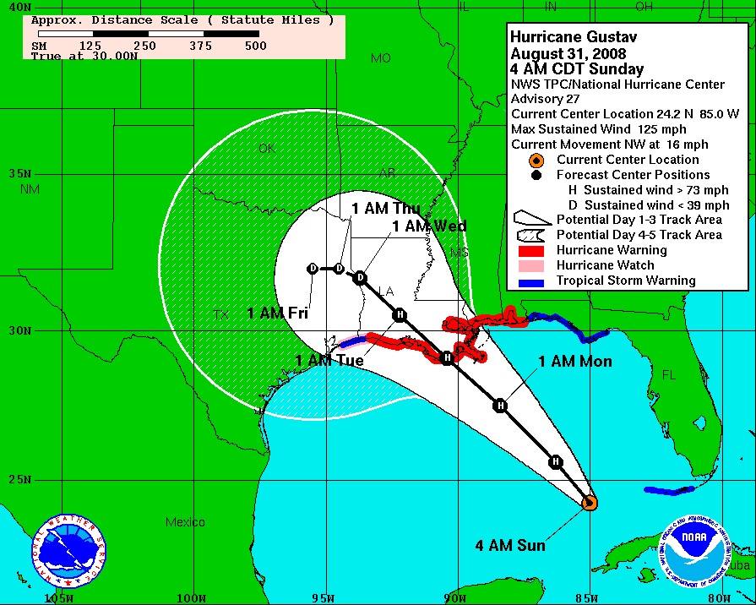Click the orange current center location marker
(x=590, y=503)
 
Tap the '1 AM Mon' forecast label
(x=575, y=362)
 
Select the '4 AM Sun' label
(x=510, y=545)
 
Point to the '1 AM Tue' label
(x=329, y=361)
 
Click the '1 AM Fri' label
(x=277, y=313)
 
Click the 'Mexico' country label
(x=185, y=522)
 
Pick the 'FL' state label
(x=669, y=373)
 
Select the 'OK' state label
(x=267, y=149)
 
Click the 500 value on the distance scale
(x=255, y=46)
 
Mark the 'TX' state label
(x=221, y=314)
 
